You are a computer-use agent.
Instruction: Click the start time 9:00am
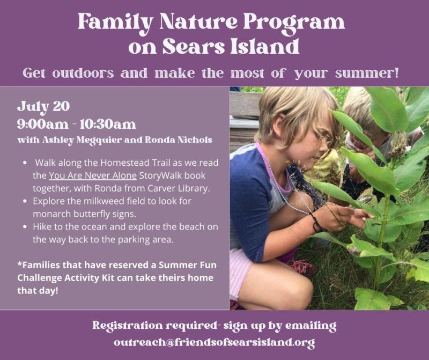[x=43, y=124]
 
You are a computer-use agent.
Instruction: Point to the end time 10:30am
[x=108, y=124]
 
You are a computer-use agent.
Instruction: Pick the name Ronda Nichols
[x=179, y=140]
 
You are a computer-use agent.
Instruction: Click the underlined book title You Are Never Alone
[x=93, y=175]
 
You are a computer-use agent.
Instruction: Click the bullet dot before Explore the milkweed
[x=25, y=201]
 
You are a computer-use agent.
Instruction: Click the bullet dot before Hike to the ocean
[x=25, y=227]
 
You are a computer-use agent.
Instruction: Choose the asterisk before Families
[x=19, y=264]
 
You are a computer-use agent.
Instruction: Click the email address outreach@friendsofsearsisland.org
[x=214, y=342]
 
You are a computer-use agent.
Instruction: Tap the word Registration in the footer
[x=128, y=326]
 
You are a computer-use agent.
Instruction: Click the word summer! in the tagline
[x=367, y=74]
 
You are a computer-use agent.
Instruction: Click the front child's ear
[x=279, y=127]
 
